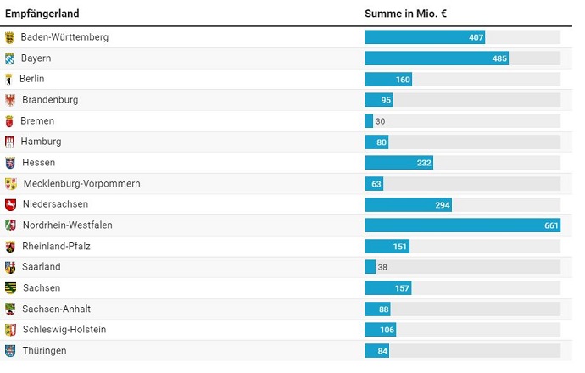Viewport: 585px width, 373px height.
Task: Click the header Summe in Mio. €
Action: pyautogui.click(x=405, y=14)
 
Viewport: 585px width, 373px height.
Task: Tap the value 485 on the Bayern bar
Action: pyautogui.click(x=499, y=58)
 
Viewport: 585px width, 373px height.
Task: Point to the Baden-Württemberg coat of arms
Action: pyautogui.click(x=10, y=37)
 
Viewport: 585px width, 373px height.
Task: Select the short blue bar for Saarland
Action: pyautogui.click(x=370, y=267)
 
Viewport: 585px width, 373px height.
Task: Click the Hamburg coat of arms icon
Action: pyautogui.click(x=10, y=142)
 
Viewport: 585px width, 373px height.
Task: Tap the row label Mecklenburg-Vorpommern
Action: pyautogui.click(x=81, y=184)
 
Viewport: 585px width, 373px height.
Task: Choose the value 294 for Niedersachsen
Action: pyautogui.click(x=443, y=204)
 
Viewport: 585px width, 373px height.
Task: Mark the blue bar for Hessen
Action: pyautogui.click(x=398, y=163)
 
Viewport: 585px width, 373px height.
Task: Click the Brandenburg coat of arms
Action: pyautogui.click(x=10, y=100)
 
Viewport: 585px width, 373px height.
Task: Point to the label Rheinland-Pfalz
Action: pyautogui.click(x=56, y=246)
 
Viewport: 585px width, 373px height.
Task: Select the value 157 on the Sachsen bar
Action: pyautogui.click(x=402, y=288)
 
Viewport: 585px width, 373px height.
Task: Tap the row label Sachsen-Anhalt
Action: pyautogui.click(x=57, y=309)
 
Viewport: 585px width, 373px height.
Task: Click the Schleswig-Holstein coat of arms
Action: pyautogui.click(x=10, y=330)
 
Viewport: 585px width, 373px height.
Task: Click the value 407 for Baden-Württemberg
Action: pyautogui.click(x=476, y=37)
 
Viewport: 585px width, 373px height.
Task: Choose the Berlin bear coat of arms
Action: pyautogui.click(x=9, y=79)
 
